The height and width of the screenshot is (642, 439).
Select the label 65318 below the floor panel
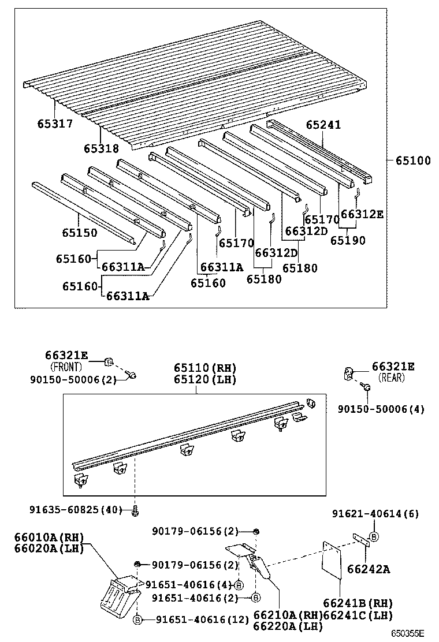click(102, 148)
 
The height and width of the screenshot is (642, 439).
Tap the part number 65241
click(323, 125)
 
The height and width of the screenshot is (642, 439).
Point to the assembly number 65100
click(413, 160)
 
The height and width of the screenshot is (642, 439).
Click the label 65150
click(80, 233)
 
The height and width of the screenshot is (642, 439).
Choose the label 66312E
click(362, 214)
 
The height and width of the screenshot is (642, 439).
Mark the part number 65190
click(348, 240)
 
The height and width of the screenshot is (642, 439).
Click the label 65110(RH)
click(205, 368)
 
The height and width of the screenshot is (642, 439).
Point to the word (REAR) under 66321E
click(391, 378)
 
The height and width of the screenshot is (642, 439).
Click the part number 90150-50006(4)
click(381, 409)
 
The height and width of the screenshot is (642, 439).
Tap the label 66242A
click(369, 570)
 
